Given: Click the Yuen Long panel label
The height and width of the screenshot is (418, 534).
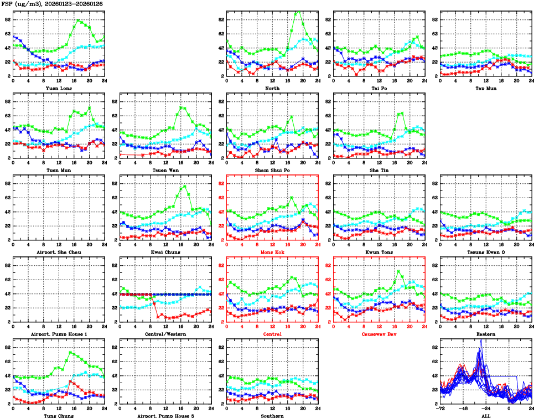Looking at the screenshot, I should pos(59,88).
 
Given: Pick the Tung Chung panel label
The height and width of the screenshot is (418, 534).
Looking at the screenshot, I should pos(59,416).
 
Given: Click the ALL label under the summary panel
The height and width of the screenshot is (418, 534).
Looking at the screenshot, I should pos(485,416).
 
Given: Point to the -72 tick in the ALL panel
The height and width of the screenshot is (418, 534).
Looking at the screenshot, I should pos(440,408).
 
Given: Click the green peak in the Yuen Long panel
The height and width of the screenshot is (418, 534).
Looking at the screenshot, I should pos(77,20).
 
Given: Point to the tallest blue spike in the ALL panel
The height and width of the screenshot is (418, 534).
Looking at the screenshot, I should pos(481,339).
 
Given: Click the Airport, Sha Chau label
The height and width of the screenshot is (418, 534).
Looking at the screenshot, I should pos(59,252).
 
